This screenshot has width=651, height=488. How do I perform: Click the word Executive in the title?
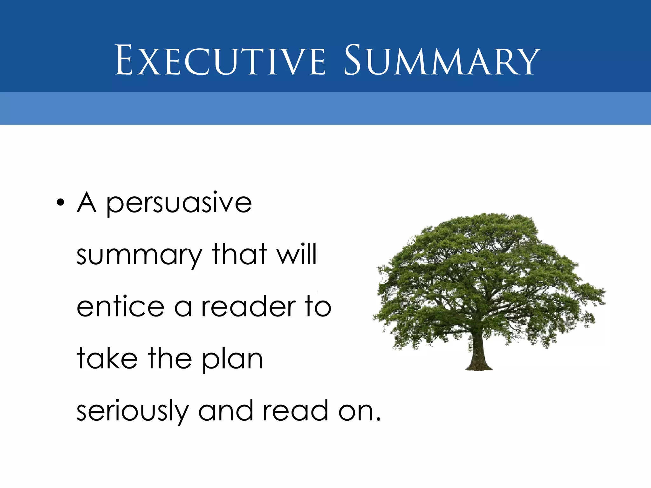(x=220, y=60)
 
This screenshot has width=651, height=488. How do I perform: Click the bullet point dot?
(x=60, y=202)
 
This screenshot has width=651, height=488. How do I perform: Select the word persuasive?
(x=179, y=203)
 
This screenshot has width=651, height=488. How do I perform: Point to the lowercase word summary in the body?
(x=139, y=255)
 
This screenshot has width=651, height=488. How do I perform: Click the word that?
(x=239, y=254)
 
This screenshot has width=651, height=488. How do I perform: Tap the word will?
(x=297, y=254)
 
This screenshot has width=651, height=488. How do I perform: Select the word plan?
(x=232, y=360)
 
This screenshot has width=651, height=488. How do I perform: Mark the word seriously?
(x=133, y=412)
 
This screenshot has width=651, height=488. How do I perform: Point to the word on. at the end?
(x=359, y=412)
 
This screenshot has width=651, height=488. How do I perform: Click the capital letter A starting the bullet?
(x=86, y=202)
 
